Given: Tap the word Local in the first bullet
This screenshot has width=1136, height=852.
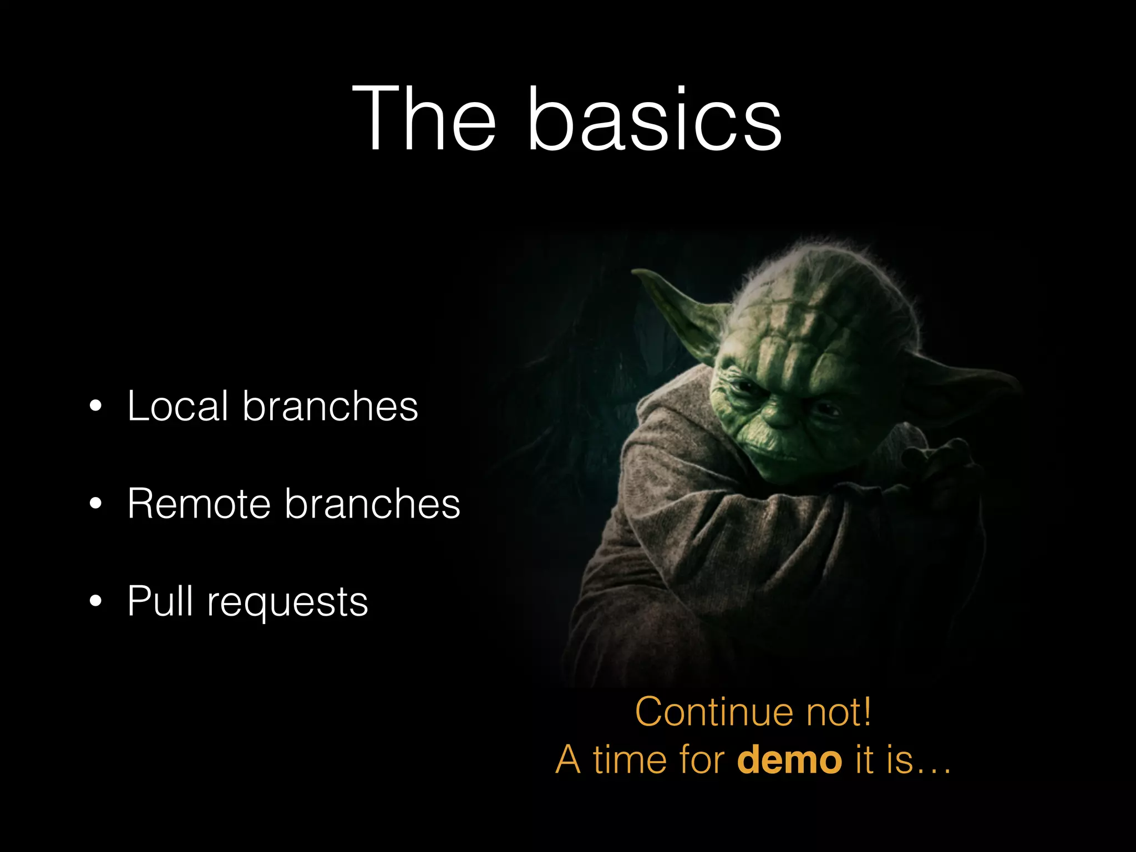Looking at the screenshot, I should (x=177, y=406).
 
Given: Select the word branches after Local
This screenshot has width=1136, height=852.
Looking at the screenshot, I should (x=330, y=406).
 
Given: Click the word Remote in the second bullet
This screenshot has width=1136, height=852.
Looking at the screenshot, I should (x=199, y=504).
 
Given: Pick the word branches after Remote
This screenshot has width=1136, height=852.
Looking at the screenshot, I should (x=372, y=504).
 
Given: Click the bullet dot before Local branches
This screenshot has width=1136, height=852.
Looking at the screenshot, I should (x=95, y=407).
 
